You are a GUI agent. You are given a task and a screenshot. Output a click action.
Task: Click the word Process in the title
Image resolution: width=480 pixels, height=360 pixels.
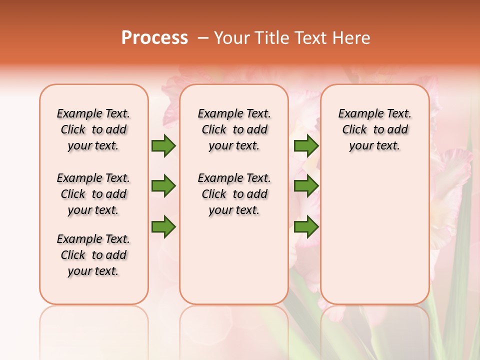pos(154,37)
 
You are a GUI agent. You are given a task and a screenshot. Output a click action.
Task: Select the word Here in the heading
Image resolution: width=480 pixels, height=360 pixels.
pos(352,37)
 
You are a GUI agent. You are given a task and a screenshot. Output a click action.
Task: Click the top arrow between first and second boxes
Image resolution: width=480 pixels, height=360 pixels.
pos(163,145)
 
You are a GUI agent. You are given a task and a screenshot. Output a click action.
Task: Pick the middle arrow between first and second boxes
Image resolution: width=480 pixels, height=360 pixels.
pos(163,186)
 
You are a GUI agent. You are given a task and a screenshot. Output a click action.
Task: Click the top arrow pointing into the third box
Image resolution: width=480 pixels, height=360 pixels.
pos(306,145)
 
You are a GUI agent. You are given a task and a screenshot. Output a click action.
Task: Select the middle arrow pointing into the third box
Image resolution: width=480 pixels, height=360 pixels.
pos(306,186)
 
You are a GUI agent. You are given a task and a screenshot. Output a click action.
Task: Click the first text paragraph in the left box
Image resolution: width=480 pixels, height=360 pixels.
pos(93,129)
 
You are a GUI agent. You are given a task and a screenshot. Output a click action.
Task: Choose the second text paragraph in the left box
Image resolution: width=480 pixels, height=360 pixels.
pos(93,194)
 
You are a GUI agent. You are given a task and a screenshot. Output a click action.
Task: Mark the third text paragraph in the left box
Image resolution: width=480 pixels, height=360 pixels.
pos(93,255)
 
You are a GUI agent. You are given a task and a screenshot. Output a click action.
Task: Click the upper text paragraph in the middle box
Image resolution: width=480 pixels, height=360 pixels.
pos(234,129)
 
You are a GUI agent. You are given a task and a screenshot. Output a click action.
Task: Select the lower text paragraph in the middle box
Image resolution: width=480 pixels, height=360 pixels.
pos(234,194)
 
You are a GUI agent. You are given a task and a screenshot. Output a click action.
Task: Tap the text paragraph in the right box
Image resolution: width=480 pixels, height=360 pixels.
pos(374,129)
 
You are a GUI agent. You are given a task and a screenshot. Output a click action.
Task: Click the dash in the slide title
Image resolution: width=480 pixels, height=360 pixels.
pos(203,38)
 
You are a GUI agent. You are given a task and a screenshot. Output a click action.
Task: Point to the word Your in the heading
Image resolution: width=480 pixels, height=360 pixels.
pos(231,37)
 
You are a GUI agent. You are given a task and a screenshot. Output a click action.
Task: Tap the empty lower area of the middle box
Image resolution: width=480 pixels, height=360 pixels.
pos(234,260)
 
